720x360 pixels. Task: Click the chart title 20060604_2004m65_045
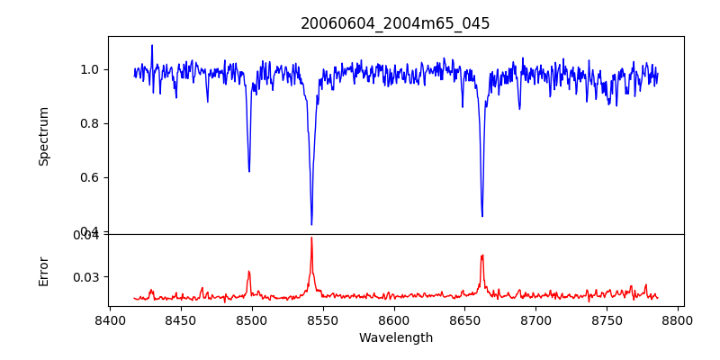(395, 23)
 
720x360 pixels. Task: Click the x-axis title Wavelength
(395, 338)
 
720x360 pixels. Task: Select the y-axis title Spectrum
(43, 135)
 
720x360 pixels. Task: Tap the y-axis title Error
(43, 270)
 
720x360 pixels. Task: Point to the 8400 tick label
(110, 319)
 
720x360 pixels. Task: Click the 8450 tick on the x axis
(181, 319)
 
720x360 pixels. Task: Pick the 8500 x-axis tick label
(252, 319)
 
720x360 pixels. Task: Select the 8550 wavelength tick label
(323, 319)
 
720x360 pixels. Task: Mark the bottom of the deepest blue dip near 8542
(311, 224)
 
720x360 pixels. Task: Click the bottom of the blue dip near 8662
(482, 216)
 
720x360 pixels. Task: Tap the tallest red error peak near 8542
(311, 238)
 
